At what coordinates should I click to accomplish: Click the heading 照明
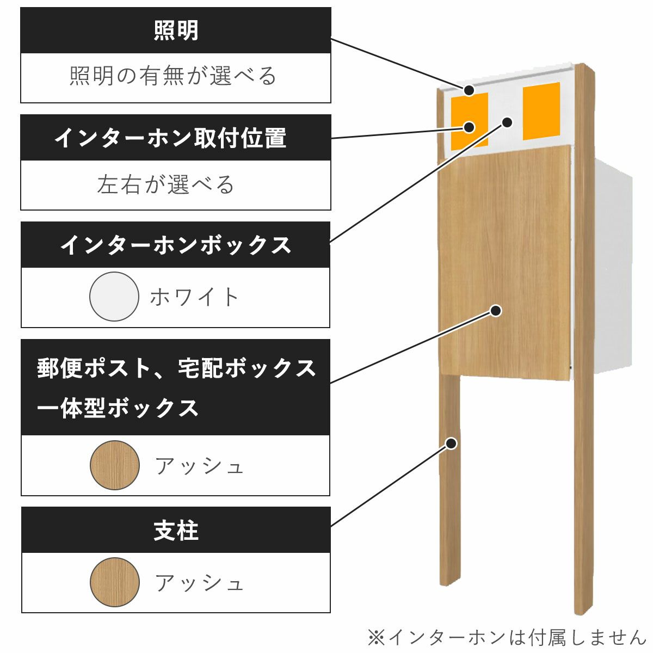coord(176,30)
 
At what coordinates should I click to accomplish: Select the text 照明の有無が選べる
coord(174,76)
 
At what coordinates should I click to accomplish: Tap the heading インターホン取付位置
coord(170,138)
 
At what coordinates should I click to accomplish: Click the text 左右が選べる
coord(166,184)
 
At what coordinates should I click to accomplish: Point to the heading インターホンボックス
coord(176,245)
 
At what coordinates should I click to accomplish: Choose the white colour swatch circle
coord(114,297)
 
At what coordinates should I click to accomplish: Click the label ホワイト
coord(195,297)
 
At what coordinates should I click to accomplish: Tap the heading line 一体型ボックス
coord(118,408)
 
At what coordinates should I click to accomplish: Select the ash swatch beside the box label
coord(115,465)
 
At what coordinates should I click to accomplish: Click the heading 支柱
coord(176,531)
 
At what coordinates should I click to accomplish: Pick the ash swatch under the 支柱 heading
coord(115,582)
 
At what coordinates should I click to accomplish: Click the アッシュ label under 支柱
coord(199,583)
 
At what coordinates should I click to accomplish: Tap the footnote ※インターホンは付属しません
coord(506,637)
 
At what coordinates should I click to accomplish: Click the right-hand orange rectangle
coord(541,111)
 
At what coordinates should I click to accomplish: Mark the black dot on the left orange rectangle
coord(469,127)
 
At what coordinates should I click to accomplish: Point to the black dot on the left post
coord(451,443)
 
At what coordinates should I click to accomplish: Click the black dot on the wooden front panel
coord(495,311)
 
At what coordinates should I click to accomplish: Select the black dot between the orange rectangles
coord(507,122)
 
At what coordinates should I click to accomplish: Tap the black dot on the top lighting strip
coord(469,90)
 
